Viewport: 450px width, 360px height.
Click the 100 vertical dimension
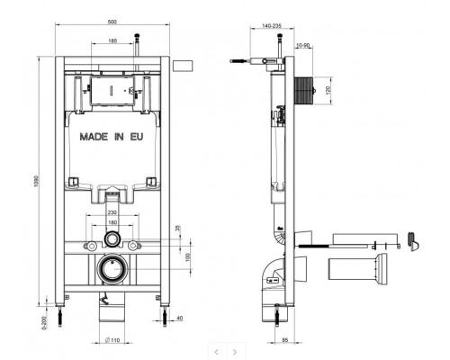187,258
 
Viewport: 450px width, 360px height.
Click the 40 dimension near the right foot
179,318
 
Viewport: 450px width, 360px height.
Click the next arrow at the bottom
235,351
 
